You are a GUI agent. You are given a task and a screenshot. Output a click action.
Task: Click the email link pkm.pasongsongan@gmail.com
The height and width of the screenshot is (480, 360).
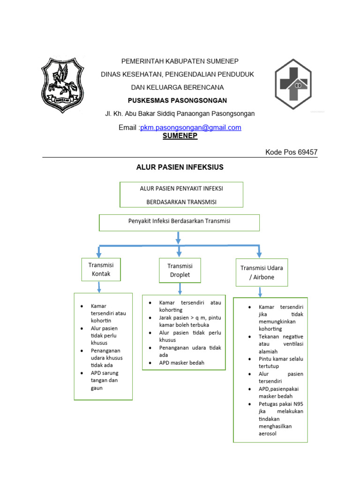191,127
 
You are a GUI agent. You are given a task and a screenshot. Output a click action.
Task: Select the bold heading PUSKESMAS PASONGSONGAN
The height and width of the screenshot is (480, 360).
177,100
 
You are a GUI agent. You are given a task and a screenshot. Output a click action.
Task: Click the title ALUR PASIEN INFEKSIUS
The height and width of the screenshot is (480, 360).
180,167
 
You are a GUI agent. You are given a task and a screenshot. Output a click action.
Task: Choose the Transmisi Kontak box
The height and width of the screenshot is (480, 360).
101,270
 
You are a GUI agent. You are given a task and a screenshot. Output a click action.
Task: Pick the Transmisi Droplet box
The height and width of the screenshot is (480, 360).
180,270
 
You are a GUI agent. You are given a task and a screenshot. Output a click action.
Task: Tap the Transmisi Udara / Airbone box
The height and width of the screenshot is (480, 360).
262,272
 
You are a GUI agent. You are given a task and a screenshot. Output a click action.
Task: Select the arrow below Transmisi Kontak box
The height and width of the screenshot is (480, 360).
99,287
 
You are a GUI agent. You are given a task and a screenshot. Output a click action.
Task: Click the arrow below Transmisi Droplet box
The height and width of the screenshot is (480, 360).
180,289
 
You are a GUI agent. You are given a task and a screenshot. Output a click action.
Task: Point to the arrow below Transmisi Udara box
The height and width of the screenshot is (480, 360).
260,292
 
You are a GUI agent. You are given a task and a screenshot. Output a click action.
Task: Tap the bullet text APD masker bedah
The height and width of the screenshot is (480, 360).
181,363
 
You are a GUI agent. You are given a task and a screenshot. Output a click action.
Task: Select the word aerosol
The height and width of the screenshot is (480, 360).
267,434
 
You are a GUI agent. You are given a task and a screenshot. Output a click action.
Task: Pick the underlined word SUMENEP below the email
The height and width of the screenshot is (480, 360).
180,136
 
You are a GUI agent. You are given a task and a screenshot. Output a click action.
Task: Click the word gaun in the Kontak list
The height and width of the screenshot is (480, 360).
97,388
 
